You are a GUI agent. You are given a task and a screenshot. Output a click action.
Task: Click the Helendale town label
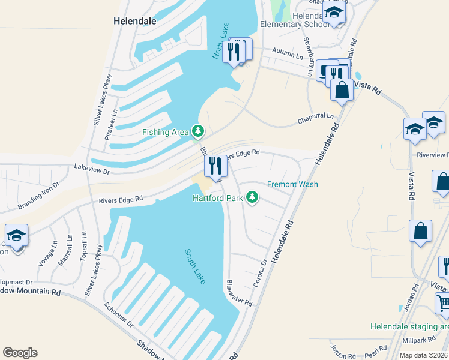pyautogui.click(x=135, y=20)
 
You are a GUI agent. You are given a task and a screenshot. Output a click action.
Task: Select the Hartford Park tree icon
pyautogui.click(x=253, y=197)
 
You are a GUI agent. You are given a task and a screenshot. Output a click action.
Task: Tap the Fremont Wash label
pyautogui.click(x=292, y=184)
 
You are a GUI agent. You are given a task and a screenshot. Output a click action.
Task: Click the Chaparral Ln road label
pyautogui.click(x=315, y=118)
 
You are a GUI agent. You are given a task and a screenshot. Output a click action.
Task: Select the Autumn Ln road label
pyautogui.click(x=288, y=54)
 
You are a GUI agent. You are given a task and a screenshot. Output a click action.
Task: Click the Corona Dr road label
pyautogui.click(x=259, y=273)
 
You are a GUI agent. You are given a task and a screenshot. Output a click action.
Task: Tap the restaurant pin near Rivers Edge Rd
pyautogui.click(x=215, y=166)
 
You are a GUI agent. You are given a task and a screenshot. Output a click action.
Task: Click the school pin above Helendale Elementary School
pyautogui.click(x=334, y=13)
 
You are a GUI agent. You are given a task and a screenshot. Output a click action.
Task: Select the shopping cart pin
pyautogui.click(x=443, y=302)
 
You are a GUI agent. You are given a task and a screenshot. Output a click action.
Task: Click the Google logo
pyautogui.click(x=20, y=353)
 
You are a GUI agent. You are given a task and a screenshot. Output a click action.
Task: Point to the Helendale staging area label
pyautogui.click(x=409, y=327)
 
